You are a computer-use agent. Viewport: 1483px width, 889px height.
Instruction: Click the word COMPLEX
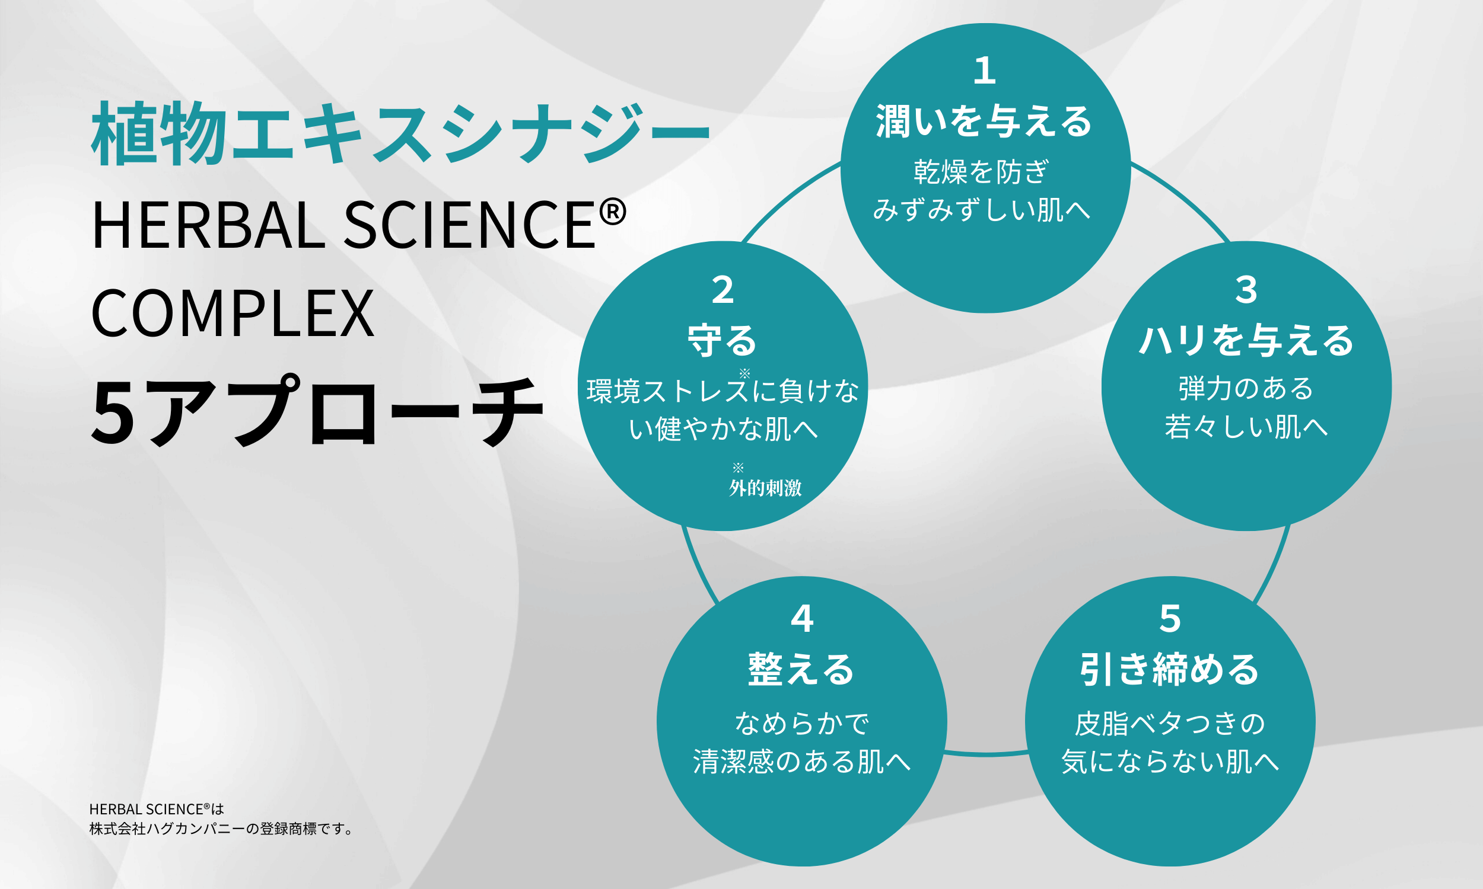233,314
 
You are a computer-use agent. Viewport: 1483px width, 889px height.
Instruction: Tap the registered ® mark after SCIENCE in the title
613,213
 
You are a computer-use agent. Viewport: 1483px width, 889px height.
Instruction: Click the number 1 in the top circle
985,71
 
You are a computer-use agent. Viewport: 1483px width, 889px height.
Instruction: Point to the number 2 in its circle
723,290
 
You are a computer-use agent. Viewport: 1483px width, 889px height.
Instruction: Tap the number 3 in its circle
1246,290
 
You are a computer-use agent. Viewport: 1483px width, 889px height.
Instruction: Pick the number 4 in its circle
802,618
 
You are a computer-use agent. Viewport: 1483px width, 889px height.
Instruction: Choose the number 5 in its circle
1170,618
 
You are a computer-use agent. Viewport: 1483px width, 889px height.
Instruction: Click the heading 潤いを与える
985,121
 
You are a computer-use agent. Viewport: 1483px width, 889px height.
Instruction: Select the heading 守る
723,340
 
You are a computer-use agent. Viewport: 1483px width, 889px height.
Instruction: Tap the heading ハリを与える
1246,340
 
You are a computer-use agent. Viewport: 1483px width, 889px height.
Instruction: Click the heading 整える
802,669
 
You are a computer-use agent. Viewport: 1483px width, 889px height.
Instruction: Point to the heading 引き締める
1170,669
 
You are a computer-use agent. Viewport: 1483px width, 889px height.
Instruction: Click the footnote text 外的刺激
765,488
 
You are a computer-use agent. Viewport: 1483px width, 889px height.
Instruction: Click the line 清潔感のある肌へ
802,762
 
